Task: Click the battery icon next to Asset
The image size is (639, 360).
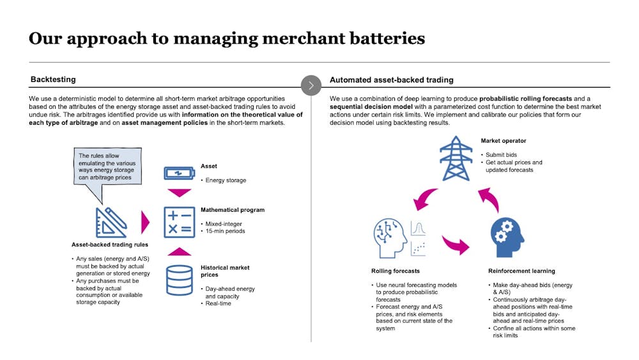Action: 180,173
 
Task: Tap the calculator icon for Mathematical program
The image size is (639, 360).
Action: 180,222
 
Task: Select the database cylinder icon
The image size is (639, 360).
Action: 180,281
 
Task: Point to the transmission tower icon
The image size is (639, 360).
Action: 456,158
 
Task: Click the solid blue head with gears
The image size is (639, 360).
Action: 507,237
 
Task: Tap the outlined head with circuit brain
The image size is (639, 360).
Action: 390,238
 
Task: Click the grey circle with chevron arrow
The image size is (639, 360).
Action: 311,85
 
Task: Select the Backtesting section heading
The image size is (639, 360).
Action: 53,79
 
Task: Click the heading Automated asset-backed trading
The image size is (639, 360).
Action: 392,80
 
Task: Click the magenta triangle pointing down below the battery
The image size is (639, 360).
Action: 180,193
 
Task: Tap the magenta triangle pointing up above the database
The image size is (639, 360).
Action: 180,251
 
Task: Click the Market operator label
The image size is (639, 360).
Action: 504,141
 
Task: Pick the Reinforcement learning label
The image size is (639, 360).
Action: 521,271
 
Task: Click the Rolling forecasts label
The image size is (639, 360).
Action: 396,271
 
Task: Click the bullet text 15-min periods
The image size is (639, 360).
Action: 226,231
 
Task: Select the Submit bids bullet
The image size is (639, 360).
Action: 501,155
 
